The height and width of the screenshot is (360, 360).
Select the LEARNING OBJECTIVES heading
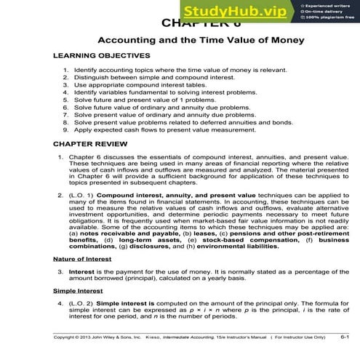coord(101,56)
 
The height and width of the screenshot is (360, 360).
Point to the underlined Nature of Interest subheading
coord(83,259)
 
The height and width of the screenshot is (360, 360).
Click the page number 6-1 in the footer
coord(344,337)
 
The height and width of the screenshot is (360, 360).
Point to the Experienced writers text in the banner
coord(325,4)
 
